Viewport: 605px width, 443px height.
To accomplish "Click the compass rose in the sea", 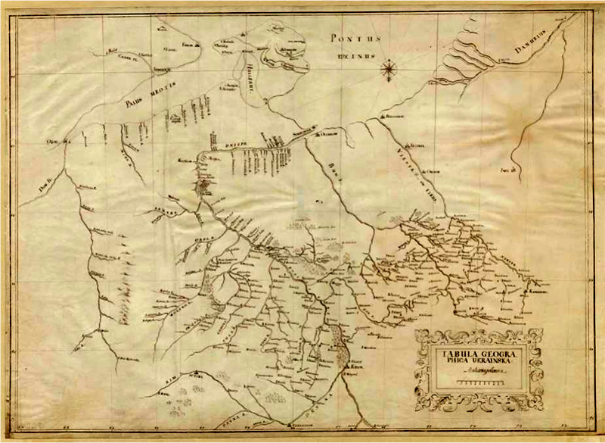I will pos(389,70).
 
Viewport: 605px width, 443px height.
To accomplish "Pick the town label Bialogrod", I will pos(394,118).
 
